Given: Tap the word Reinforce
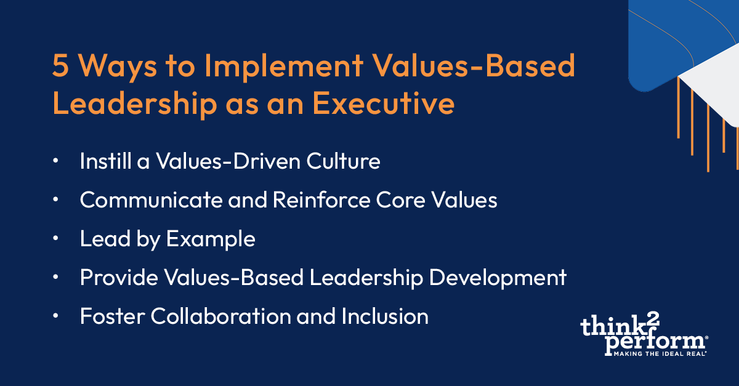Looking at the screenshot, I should [302, 201].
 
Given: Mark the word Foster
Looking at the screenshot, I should [111, 316].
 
